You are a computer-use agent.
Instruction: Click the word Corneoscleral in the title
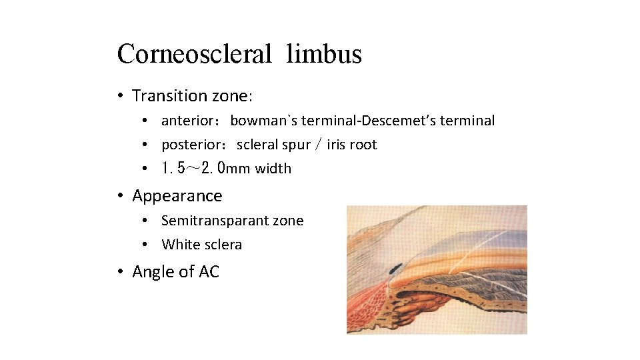point(194,54)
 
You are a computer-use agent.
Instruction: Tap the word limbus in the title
point(324,54)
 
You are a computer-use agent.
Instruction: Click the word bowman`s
point(263,121)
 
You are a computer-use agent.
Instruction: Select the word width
point(273,169)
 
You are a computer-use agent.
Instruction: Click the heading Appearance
point(177,196)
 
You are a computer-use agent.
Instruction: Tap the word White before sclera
point(181,245)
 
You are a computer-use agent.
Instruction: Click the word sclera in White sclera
point(223,245)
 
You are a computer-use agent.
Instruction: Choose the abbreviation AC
point(208,272)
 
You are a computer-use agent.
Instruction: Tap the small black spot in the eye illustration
point(395,269)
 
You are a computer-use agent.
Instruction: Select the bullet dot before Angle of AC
point(120,272)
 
